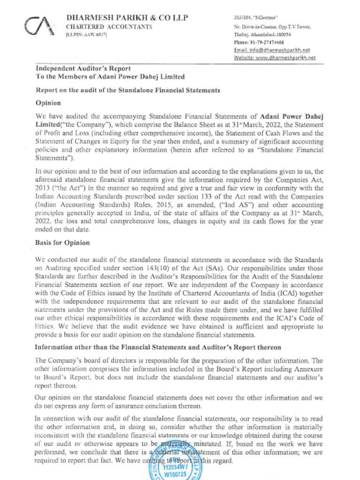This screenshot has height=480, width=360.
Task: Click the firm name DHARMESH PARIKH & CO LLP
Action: tap(127, 18)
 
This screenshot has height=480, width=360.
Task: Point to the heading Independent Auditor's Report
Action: tap(83, 68)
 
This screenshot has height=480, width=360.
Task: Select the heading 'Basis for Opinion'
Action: tap(62, 243)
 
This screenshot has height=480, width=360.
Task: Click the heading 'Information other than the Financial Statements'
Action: tap(158, 347)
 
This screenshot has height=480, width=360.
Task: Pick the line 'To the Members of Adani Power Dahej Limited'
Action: tap(110, 77)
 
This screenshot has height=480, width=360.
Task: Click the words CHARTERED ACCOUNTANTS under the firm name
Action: tap(109, 27)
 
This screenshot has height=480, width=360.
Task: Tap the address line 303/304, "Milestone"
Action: tap(252, 18)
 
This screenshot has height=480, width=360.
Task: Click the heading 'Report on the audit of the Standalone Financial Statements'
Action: tap(128, 90)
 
